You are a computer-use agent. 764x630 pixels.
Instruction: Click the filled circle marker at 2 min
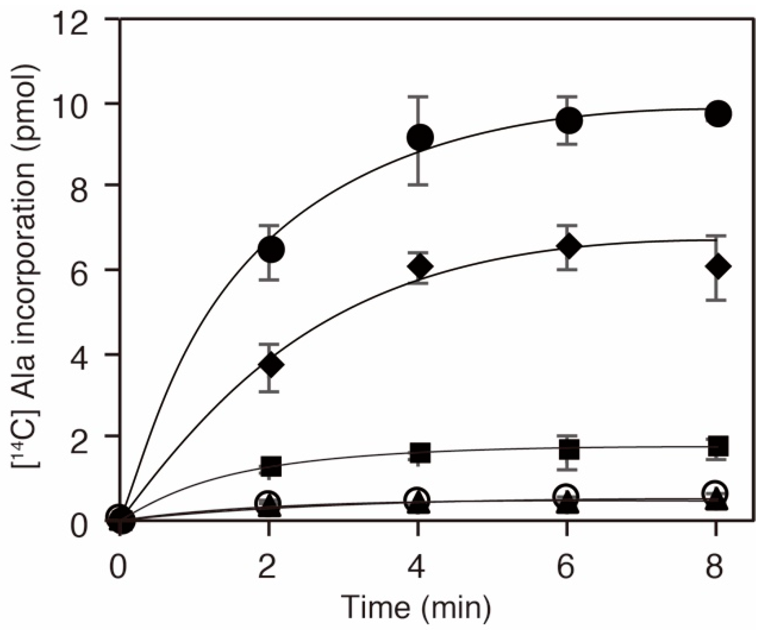coord(271,250)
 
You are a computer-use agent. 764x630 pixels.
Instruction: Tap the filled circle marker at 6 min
coord(569,120)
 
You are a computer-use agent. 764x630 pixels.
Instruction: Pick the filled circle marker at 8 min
coord(718,114)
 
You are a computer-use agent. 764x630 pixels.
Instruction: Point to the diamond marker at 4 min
coord(420,266)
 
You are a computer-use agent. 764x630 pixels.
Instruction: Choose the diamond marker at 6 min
coord(569,247)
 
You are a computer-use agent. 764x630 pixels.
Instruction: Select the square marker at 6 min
coord(569,449)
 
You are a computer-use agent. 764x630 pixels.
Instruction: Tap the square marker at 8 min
coord(718,445)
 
